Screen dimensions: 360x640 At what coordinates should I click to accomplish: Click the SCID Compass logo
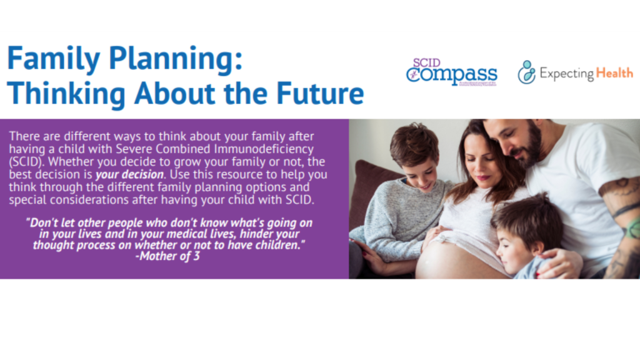[451, 72]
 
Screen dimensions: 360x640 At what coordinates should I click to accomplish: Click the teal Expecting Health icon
[526, 72]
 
